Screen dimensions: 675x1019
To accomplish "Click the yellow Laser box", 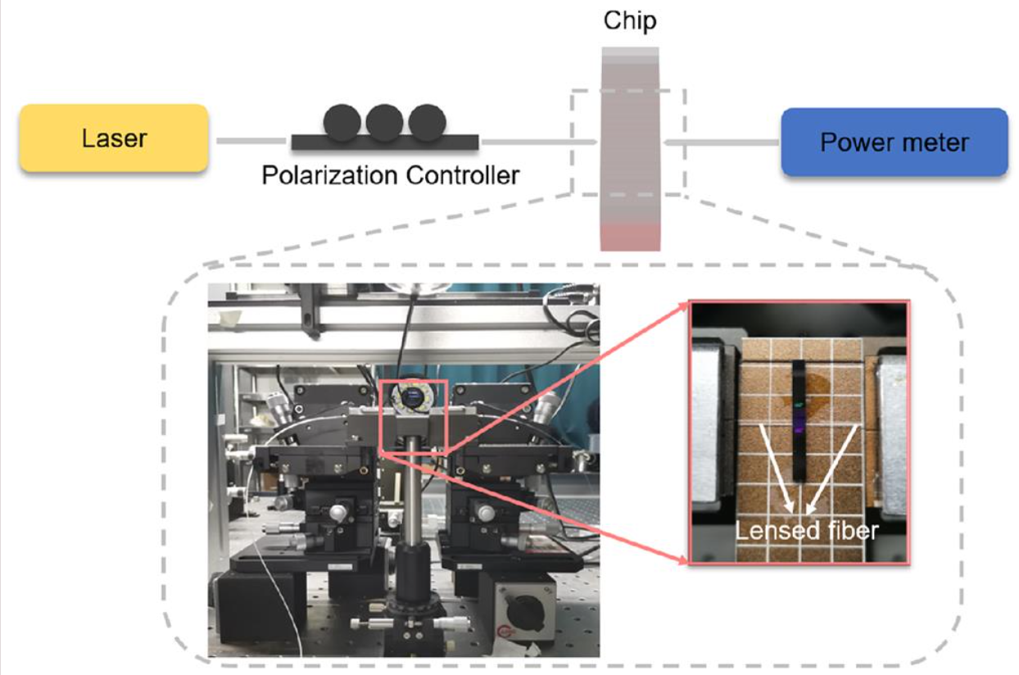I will pyautogui.click(x=113, y=138).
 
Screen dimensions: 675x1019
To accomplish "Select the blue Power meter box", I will pyautogui.click(x=894, y=142).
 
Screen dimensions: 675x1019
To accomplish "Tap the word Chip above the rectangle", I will pyautogui.click(x=629, y=20).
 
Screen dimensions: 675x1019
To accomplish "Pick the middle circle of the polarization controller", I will pyautogui.click(x=384, y=122).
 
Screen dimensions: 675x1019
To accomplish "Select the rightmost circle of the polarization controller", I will pyautogui.click(x=426, y=122).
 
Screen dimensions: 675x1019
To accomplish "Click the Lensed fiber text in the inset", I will pyautogui.click(x=806, y=531).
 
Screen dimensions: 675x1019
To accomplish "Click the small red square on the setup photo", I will pyautogui.click(x=413, y=417).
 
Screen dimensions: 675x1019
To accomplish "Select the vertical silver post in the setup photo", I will pyautogui.click(x=413, y=500).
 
